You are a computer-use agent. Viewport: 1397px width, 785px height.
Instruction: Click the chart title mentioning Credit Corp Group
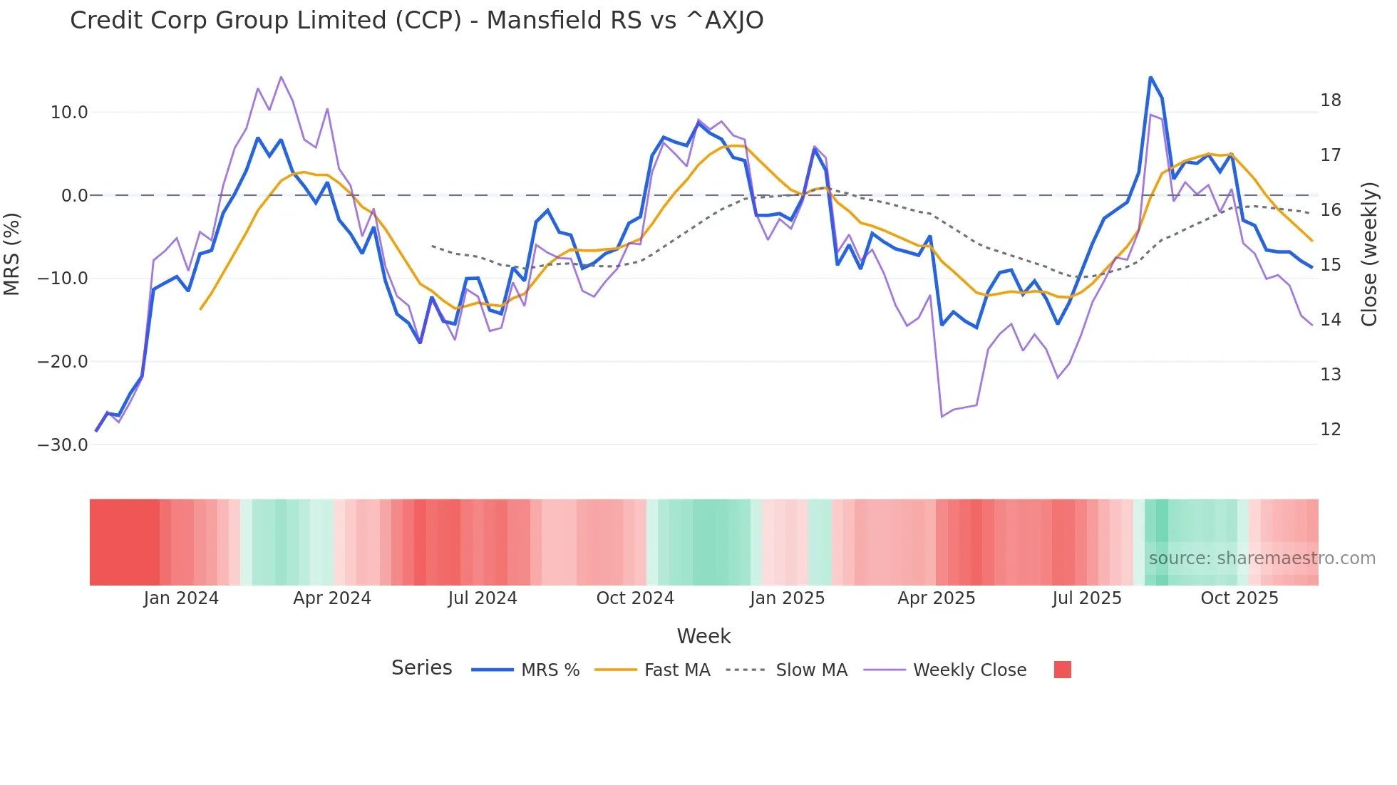tap(416, 21)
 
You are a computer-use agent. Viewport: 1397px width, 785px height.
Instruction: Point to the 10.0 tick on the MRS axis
tap(68, 113)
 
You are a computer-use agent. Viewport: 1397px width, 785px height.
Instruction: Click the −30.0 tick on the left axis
tap(63, 445)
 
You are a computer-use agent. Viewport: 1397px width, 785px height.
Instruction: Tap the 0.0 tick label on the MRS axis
tap(74, 196)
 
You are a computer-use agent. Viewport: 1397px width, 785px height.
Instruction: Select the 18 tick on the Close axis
tap(1330, 100)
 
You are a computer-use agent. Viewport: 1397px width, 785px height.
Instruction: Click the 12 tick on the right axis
tap(1330, 430)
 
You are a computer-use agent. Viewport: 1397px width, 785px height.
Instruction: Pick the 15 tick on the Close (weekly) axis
tap(1330, 265)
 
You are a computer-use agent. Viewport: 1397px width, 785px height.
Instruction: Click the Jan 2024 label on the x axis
tap(181, 598)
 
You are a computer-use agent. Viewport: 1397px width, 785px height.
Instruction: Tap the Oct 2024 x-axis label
tap(635, 598)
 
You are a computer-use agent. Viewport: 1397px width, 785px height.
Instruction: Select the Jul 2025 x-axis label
tap(1087, 598)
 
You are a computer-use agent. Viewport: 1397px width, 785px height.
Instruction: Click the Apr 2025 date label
tap(936, 598)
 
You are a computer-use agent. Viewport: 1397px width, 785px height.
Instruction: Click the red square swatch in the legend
tap(1062, 670)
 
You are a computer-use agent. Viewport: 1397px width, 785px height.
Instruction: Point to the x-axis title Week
tap(703, 636)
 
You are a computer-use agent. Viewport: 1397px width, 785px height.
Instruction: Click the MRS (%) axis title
tap(12, 254)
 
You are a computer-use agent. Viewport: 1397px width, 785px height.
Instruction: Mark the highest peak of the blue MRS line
tap(1150, 77)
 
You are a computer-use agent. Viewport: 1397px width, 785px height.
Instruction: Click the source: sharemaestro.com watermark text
tap(1262, 558)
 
